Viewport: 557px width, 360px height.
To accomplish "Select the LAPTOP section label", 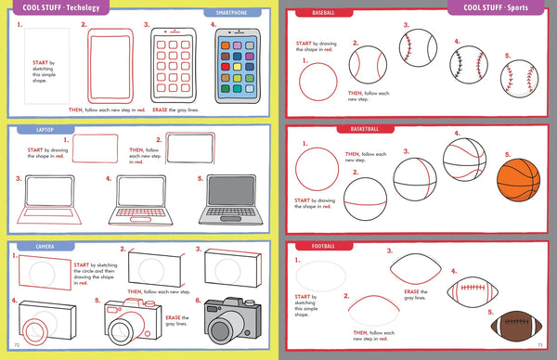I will click(x=34, y=131).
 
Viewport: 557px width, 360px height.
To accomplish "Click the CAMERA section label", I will click(x=34, y=248).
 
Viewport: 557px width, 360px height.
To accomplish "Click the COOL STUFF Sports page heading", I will click(x=499, y=8).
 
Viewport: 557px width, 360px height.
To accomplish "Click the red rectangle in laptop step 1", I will click(x=96, y=148).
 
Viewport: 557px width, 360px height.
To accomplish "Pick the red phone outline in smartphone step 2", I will click(x=110, y=67).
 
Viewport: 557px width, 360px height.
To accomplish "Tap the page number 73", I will click(x=541, y=354).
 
